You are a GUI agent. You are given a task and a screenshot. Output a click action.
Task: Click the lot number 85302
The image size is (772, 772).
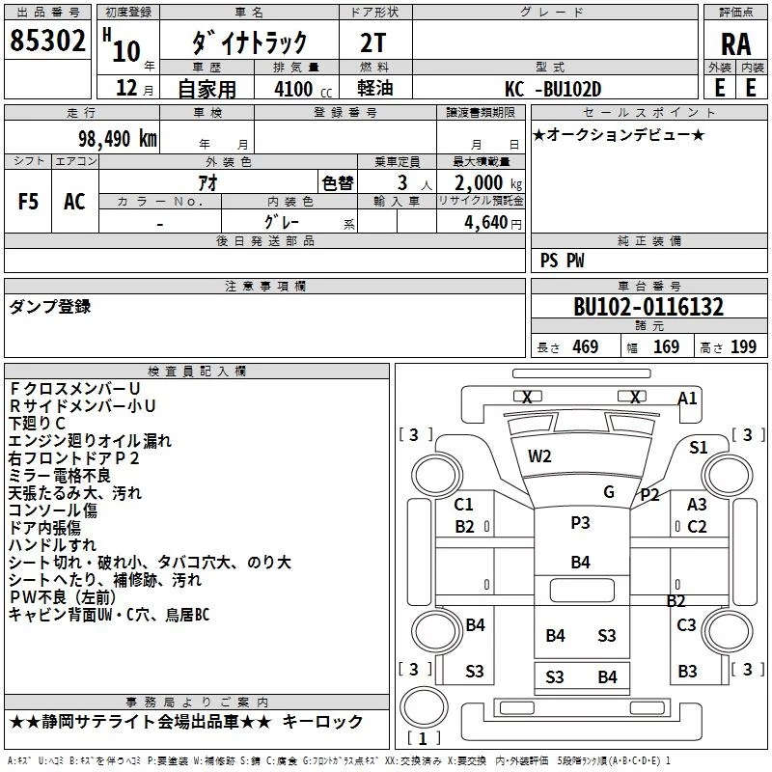pyautogui.click(x=47, y=41)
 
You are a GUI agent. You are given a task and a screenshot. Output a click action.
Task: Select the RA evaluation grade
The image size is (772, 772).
pyautogui.click(x=735, y=43)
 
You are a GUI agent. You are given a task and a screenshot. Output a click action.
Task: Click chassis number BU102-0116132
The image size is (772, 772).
pyautogui.click(x=648, y=308)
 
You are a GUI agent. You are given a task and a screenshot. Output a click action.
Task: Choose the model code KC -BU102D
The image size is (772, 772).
pyautogui.click(x=553, y=89)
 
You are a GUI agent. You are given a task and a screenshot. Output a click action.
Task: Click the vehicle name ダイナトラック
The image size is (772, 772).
pyautogui.click(x=250, y=41)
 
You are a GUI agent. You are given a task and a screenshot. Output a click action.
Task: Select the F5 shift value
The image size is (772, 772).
pyautogui.click(x=29, y=201)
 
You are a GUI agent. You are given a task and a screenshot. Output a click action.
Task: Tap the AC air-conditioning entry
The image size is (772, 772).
pyautogui.click(x=74, y=201)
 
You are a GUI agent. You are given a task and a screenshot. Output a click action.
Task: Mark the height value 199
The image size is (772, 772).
pyautogui.click(x=744, y=346)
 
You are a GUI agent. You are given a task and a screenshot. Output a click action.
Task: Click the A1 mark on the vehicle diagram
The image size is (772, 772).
pyautogui.click(x=687, y=398)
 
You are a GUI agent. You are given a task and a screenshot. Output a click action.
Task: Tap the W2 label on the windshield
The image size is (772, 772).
pyautogui.click(x=539, y=455)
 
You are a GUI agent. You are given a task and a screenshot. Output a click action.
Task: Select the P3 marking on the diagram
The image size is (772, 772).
pyautogui.click(x=580, y=522)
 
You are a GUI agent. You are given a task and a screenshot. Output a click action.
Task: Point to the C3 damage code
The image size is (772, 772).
pyautogui.click(x=686, y=624)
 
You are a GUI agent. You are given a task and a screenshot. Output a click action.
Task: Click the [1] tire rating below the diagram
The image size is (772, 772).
pyautogui.click(x=421, y=739)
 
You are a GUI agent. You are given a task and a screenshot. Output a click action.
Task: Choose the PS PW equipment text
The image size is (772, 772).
pyautogui.click(x=563, y=261)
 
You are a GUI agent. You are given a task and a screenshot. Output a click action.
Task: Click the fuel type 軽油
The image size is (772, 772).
pyautogui.click(x=376, y=89)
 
